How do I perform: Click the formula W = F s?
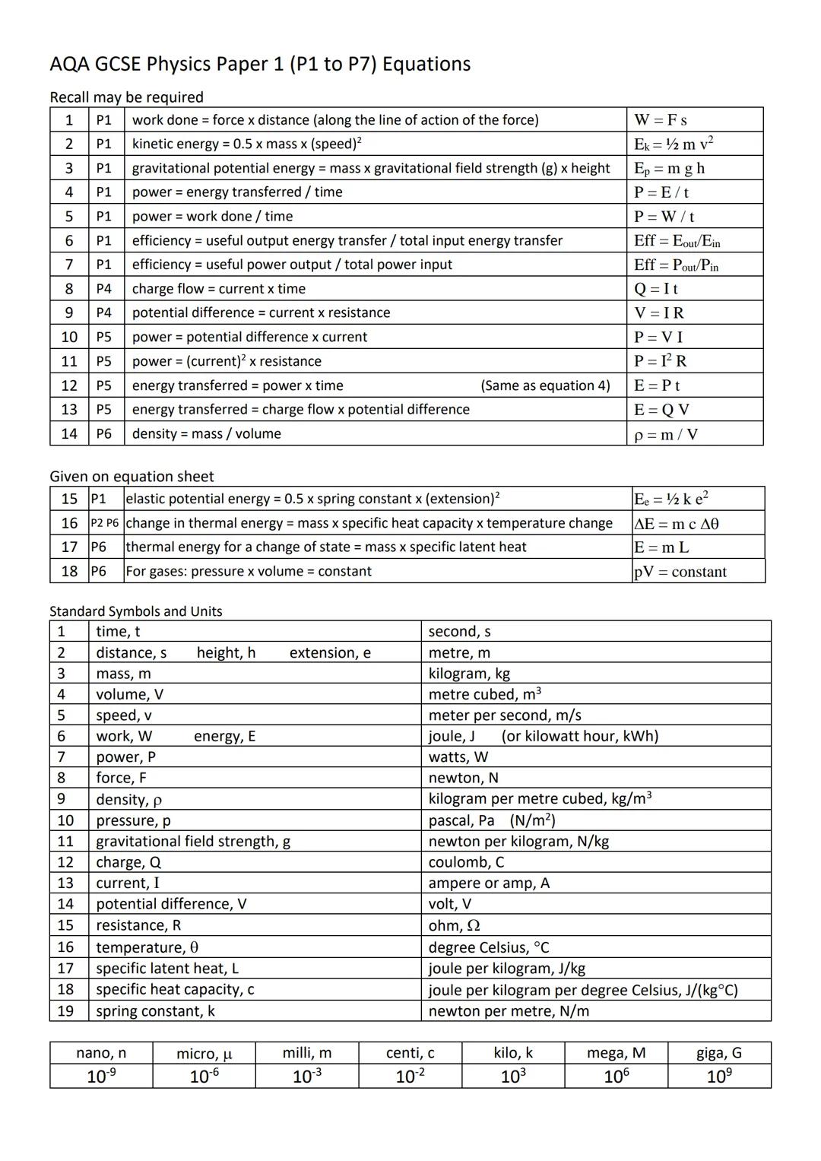tap(661, 120)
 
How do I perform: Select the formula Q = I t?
tap(656, 289)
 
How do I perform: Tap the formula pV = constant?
tap(680, 572)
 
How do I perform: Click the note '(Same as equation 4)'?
tap(545, 385)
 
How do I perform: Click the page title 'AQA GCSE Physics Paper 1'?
tap(260, 64)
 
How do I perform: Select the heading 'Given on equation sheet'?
tap(132, 477)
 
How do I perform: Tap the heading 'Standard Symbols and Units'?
tap(136, 611)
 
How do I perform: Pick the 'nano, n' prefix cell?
tap(101, 1053)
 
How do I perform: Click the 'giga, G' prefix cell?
tap(719, 1053)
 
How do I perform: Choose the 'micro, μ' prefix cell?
tap(204, 1054)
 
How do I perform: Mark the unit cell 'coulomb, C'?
tap(466, 862)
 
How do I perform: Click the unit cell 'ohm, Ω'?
tap(454, 925)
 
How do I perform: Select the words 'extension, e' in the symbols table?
tap(330, 653)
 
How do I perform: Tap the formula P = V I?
tap(658, 337)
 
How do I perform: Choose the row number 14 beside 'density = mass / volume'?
tap(69, 433)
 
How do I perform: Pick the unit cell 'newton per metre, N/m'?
tap(509, 1011)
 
